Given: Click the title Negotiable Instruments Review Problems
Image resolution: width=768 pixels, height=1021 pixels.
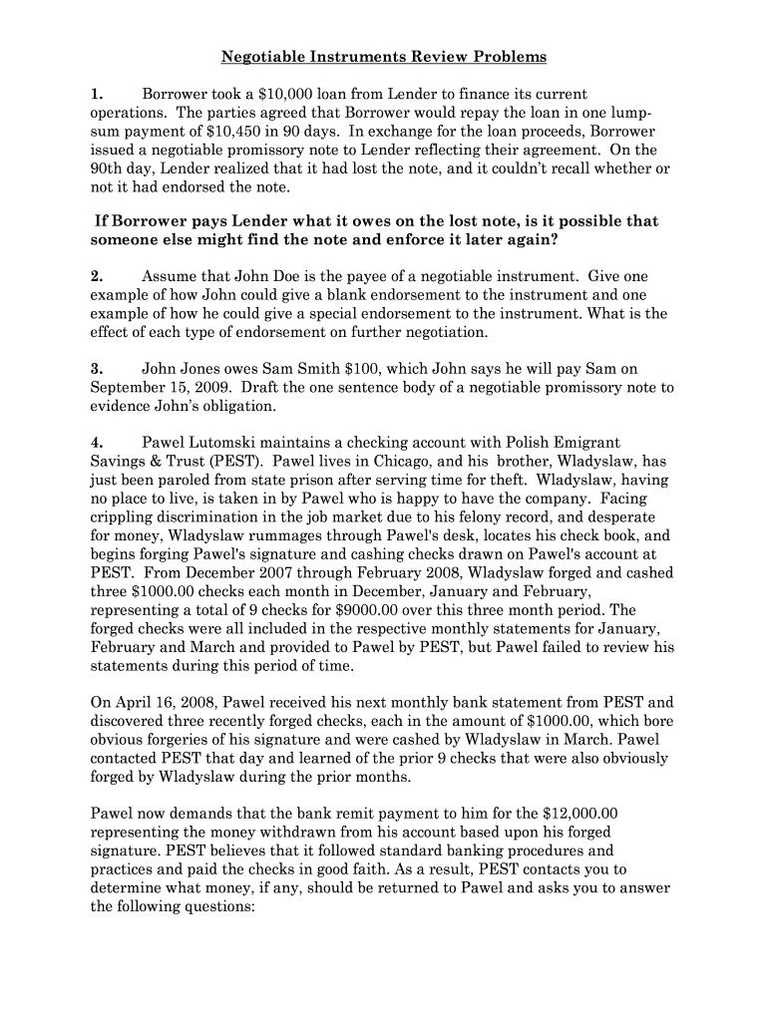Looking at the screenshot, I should coord(383,57).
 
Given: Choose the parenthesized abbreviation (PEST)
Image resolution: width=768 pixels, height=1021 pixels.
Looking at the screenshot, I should coord(238,461).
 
